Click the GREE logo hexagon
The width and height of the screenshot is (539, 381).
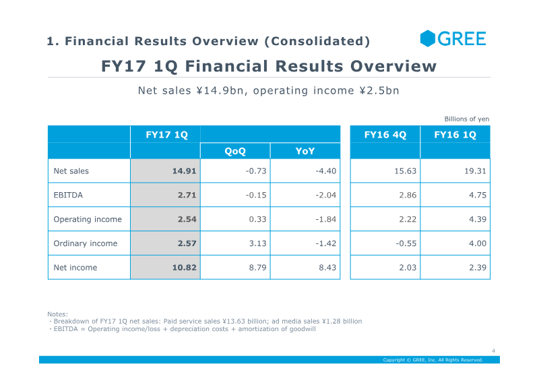tap(428, 38)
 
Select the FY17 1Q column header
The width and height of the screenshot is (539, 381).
tap(166, 135)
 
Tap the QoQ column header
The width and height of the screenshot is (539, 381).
tap(235, 151)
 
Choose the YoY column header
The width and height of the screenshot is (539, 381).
tap(305, 151)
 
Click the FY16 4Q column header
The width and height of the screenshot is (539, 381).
tap(385, 135)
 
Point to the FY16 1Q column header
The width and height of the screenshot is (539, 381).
tap(455, 135)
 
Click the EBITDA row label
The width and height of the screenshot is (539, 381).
tap(68, 195)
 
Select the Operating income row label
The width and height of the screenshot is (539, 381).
tap(88, 219)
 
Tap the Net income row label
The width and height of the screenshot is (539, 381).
tap(75, 268)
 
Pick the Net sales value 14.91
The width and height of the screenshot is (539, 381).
tap(184, 171)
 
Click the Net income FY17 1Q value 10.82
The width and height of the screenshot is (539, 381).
tap(184, 268)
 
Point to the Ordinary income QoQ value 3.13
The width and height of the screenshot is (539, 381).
tap(258, 243)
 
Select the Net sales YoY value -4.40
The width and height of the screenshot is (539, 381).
tap(326, 171)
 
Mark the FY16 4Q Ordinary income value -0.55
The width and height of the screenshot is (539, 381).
tap(406, 243)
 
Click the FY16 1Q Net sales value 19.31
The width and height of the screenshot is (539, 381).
tap(476, 171)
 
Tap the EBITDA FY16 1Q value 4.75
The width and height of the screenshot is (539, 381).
tap(478, 195)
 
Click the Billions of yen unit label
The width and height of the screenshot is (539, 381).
tap(467, 119)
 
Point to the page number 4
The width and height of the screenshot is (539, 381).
tap(493, 351)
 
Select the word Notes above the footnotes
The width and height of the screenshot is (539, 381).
tap(57, 314)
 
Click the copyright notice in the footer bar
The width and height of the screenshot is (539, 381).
tap(433, 360)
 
